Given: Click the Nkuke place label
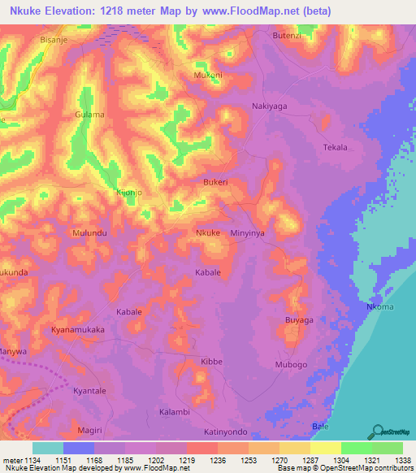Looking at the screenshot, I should click(208, 233).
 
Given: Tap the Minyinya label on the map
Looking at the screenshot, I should click(249, 233).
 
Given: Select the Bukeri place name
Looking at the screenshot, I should click(215, 183).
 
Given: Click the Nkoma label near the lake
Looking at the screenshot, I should click(380, 306).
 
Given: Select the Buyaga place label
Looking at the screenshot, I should click(299, 321).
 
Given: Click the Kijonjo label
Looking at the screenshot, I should click(129, 193).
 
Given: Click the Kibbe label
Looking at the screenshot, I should click(211, 360).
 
